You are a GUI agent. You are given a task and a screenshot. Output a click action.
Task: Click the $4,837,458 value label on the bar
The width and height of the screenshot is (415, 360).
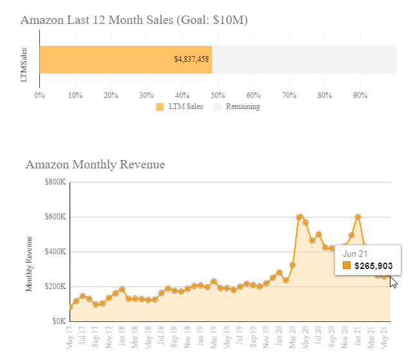tap(191, 59)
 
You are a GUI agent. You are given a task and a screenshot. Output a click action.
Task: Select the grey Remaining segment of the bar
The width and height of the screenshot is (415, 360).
tap(304, 59)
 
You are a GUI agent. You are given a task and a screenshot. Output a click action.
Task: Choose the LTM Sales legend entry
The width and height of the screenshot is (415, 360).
tap(180, 106)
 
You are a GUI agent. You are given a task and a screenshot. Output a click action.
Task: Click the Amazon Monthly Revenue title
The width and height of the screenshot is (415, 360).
tap(95, 165)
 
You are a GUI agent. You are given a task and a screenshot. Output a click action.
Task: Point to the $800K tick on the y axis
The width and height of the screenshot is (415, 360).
tap(55, 183)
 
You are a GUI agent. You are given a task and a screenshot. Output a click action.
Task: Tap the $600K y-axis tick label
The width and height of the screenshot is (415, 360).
tap(55, 217)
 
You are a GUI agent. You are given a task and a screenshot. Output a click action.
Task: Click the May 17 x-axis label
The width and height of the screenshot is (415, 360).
tap(70, 337)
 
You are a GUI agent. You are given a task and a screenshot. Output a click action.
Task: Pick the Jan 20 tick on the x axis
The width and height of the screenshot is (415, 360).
tap(279, 337)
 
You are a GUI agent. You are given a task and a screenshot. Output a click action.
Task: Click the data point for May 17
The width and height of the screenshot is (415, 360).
tap(70, 307)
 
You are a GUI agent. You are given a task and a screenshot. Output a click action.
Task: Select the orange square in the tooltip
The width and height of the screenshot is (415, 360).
tap(347, 265)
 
